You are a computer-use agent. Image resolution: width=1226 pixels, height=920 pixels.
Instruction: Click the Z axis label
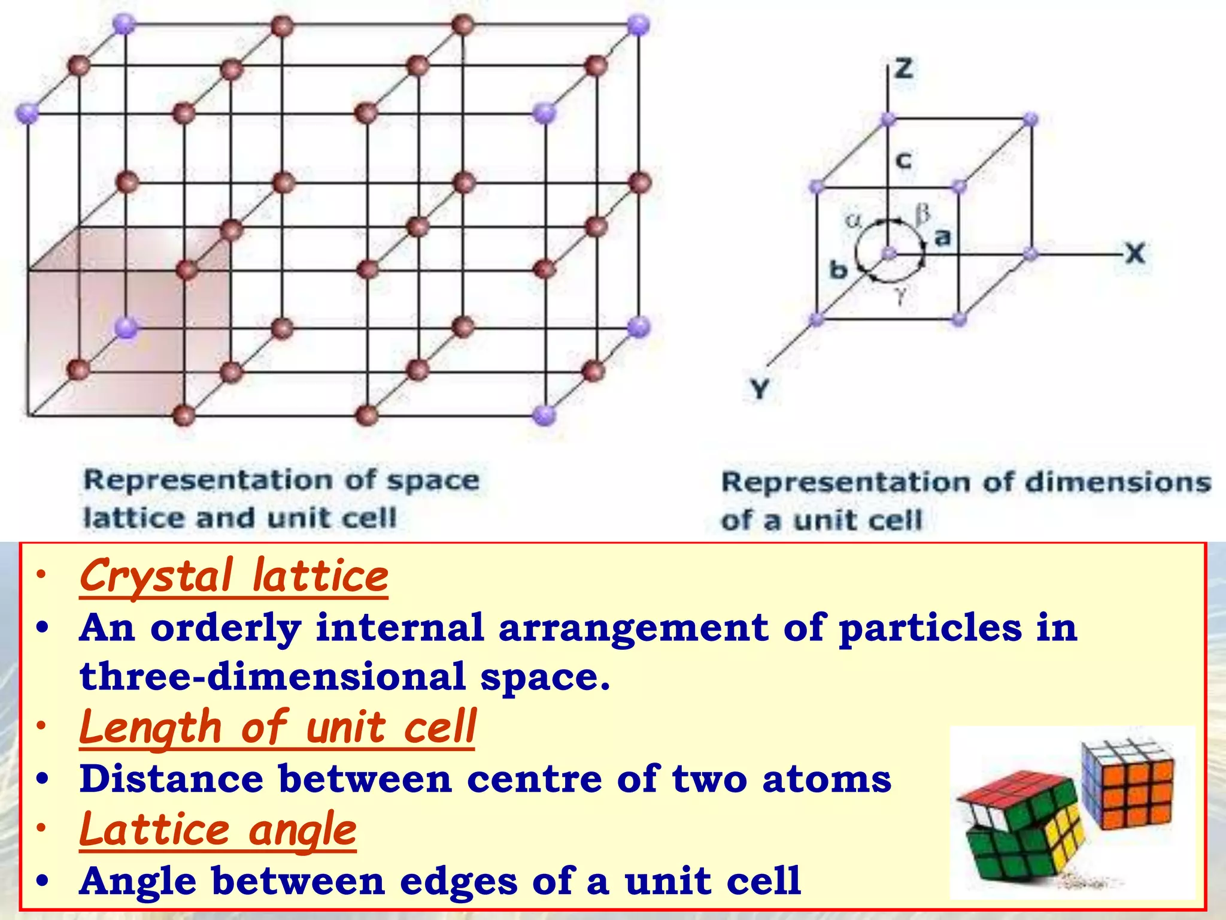point(904,69)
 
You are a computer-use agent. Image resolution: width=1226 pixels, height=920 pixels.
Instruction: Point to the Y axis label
point(760,390)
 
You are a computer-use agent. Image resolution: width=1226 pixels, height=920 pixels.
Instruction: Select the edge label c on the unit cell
point(904,161)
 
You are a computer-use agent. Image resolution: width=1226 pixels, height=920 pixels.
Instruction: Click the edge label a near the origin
point(943,238)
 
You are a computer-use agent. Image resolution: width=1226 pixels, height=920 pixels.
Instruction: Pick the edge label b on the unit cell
point(839,270)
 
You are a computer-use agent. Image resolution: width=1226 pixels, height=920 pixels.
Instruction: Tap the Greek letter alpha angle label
point(853,220)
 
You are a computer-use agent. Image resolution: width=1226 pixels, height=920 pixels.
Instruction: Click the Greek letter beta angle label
point(922,214)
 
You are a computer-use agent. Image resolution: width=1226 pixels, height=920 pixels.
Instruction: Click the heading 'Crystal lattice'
point(233,576)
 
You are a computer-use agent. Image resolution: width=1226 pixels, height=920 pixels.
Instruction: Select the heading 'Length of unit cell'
point(277,727)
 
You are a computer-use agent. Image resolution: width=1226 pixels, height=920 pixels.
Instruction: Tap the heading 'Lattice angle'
point(218,830)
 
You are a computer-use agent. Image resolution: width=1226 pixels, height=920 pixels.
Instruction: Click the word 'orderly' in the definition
point(226,629)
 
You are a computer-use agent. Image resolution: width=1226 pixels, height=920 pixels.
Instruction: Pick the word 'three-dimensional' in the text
point(272,677)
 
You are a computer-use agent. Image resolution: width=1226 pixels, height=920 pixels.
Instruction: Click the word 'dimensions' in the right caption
point(1118,483)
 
